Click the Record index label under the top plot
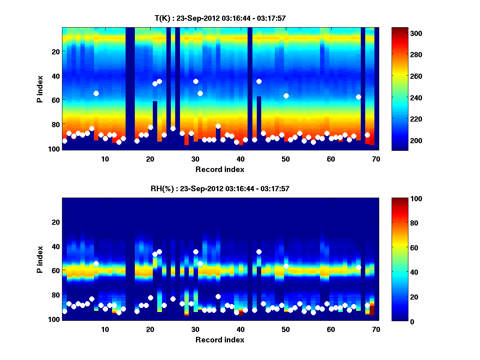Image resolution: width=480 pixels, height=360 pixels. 220,169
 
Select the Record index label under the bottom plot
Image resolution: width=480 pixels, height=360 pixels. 220,340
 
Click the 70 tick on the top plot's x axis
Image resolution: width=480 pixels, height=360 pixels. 376,159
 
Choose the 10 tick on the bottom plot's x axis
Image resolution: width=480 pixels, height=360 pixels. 105,329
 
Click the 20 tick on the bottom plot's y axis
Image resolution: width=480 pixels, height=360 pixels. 56,222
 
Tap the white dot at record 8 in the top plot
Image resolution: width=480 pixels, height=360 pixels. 96,93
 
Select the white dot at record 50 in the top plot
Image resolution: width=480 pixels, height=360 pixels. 286,96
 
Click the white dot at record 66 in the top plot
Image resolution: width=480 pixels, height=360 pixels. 358,97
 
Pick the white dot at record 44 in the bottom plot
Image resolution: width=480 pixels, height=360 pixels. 259,252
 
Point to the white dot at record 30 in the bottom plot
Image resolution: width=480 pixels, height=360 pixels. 196,252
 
